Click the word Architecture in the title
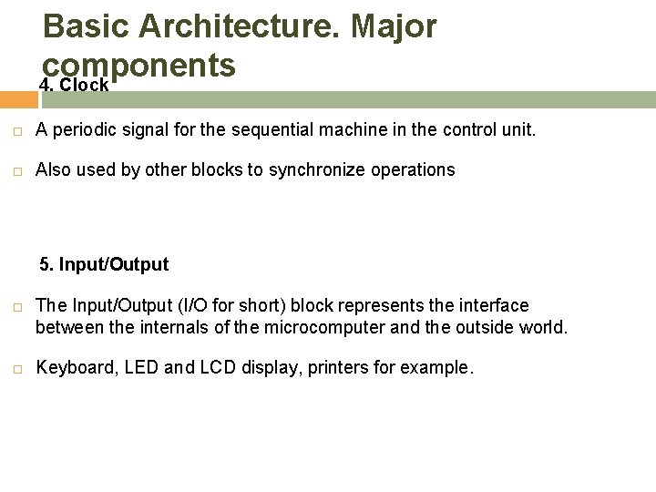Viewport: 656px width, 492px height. pyautogui.click(x=236, y=27)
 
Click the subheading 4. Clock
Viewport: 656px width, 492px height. pyautogui.click(x=75, y=85)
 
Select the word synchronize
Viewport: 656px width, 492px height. pyautogui.click(x=310, y=170)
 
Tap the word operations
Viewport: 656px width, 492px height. pyautogui.click(x=415, y=170)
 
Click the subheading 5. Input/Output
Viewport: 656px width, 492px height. pyautogui.click(x=104, y=265)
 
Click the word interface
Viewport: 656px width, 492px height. pyautogui.click(x=497, y=305)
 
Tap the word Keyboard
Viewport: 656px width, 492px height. pyautogui.click(x=69, y=369)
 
